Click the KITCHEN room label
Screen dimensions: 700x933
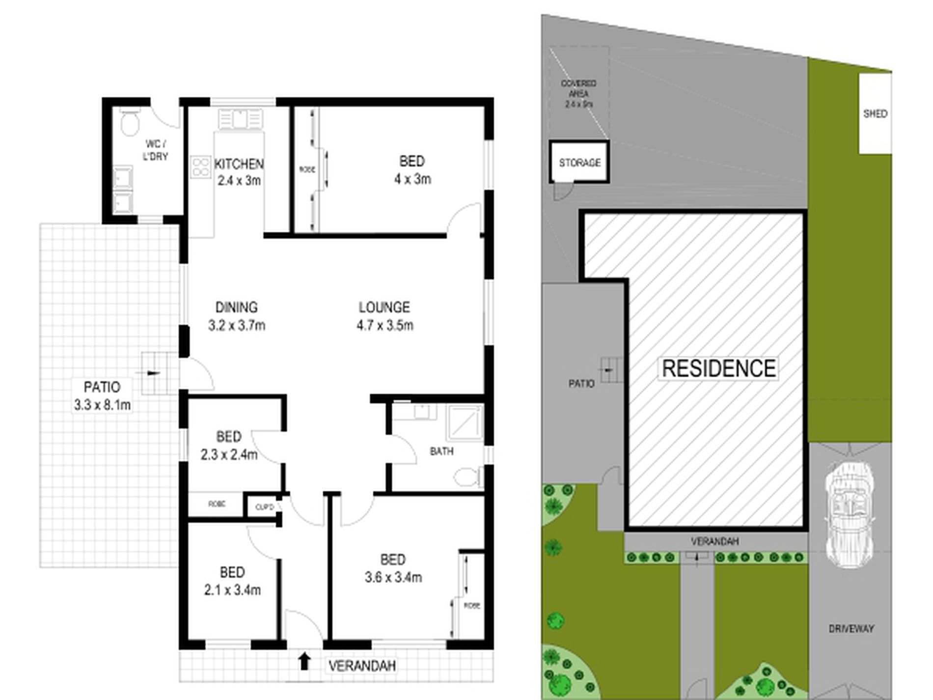pos(239,164)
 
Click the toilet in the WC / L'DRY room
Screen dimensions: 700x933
pos(130,123)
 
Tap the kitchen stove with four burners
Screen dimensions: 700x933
pos(200,166)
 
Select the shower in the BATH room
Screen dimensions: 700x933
pos(464,422)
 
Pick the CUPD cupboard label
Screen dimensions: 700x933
pos(264,507)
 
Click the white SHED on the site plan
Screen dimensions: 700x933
pos(875,113)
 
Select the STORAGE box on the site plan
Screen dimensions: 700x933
pos(579,162)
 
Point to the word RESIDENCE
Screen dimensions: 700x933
pos(719,368)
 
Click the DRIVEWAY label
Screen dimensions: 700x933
pos(851,628)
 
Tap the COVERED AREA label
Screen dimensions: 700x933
pos(579,93)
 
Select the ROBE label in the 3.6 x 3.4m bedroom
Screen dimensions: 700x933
pos(472,606)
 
